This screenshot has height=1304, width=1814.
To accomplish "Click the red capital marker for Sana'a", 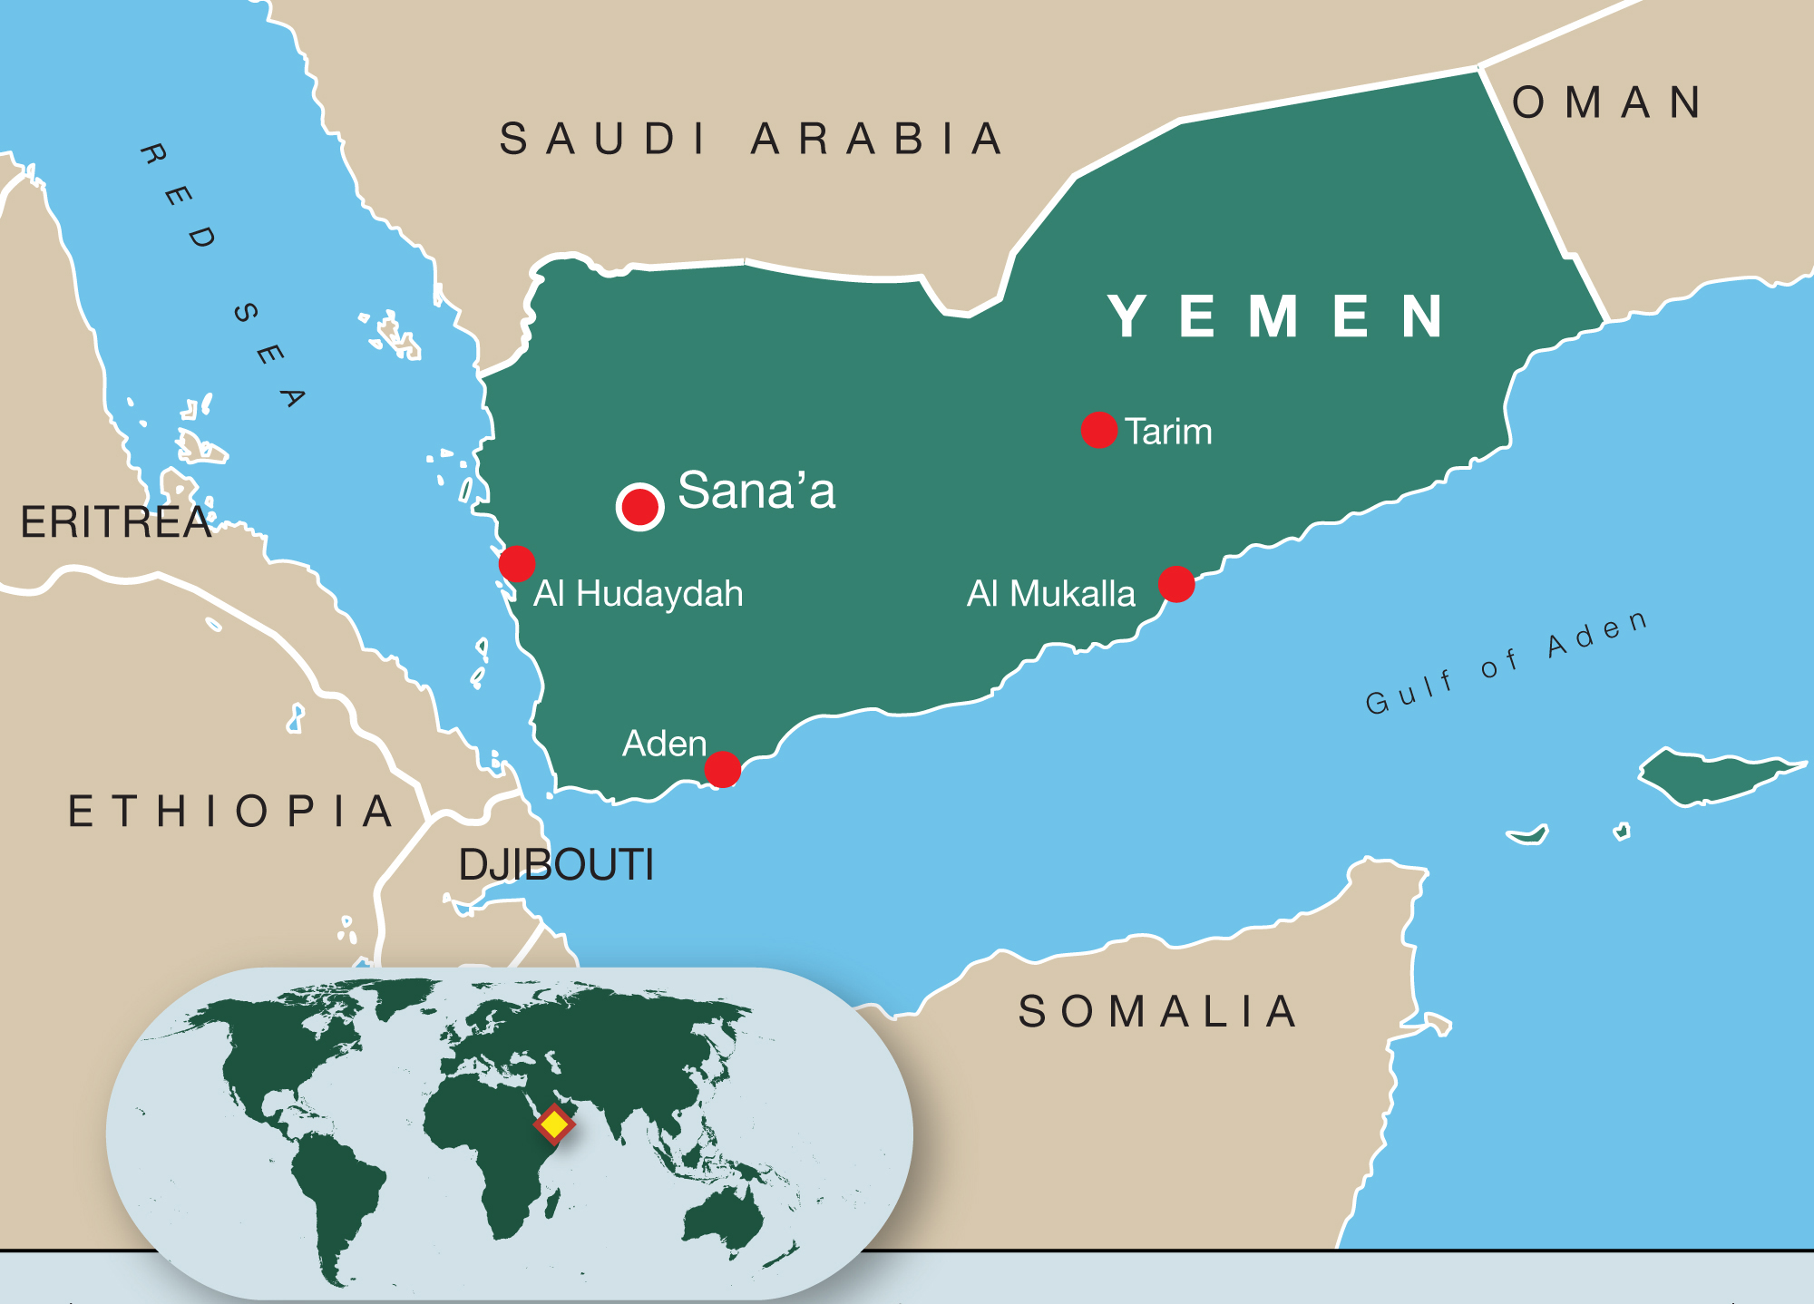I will tap(639, 507).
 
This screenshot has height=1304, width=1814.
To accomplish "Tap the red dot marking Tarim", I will tap(1098, 430).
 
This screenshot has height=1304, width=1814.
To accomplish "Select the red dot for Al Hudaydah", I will tap(517, 564).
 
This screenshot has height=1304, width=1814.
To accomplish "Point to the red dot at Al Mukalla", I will tap(1176, 584).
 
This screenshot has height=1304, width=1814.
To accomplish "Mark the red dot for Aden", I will tap(723, 770).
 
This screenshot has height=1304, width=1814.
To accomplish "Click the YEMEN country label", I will tap(1277, 316).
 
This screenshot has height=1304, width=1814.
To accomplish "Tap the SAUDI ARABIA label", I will tap(751, 139).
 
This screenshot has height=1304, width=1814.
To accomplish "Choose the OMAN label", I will tap(1606, 102).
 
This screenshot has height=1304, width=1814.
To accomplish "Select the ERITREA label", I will tap(115, 522).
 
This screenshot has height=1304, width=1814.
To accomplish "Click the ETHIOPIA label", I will tap(232, 811).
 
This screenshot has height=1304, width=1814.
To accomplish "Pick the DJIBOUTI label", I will tap(556, 864).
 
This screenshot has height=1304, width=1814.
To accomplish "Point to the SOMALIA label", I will tap(1158, 1011).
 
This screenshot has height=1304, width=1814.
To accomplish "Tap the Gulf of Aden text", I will tap(1507, 663).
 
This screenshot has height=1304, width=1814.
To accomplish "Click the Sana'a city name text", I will tap(756, 491).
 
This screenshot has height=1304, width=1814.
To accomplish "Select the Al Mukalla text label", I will tap(1050, 594).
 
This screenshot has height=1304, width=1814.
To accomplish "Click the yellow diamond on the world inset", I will tap(554, 1124).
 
